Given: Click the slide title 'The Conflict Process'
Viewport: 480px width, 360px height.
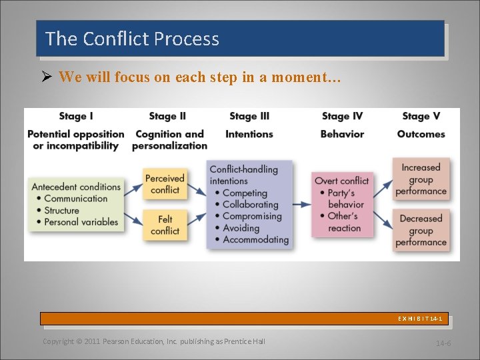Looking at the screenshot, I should point(132,39).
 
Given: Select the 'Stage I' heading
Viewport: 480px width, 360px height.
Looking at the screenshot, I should point(76,116).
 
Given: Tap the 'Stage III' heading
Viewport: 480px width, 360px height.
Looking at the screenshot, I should point(249,116).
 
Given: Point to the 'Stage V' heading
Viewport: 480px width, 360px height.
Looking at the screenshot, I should point(421,116).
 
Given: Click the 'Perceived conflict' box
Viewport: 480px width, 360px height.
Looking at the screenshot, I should point(165,184).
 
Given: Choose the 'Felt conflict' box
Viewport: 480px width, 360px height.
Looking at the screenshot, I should point(165,225).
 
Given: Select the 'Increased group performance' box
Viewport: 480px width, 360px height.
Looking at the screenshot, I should point(421,179).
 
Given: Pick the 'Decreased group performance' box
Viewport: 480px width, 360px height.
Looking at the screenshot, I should point(421,230).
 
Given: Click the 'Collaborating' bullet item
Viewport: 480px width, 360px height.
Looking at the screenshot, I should point(250,205).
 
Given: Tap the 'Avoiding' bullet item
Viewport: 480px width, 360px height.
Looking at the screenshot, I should point(241,228).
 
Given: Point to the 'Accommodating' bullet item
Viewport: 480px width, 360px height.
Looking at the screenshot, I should point(255,239).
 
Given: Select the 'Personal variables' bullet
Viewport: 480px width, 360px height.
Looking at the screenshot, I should point(81,222).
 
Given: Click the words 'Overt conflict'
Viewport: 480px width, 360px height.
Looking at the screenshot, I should point(341,181).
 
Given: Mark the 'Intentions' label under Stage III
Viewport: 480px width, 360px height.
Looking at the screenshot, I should point(249,134).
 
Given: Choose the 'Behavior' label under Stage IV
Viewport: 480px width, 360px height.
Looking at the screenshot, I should point(342,134).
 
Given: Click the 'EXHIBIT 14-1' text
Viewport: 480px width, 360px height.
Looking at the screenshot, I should point(420,319).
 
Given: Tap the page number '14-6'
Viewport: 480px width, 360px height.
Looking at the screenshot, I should point(443,343).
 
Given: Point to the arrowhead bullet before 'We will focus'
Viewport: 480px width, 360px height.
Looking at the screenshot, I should point(47,77).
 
